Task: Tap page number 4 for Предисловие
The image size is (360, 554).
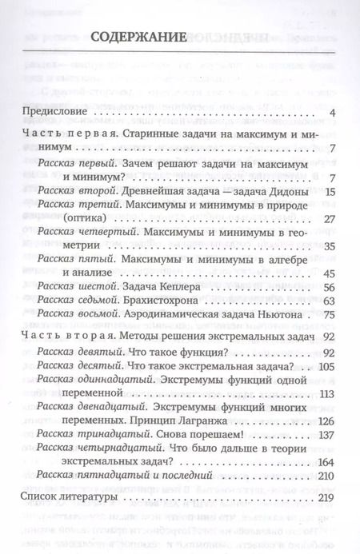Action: point(331,112)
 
